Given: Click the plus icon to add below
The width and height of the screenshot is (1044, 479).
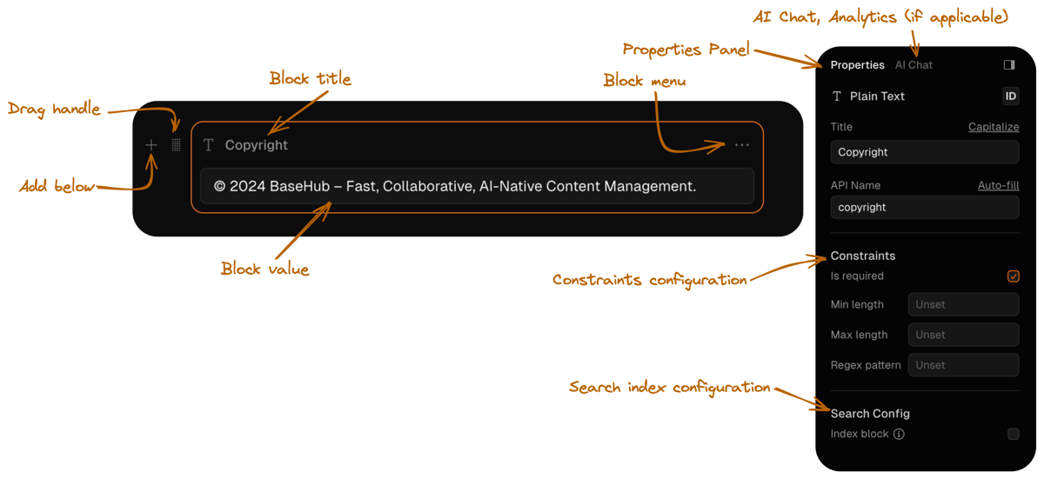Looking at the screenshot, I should [151, 145].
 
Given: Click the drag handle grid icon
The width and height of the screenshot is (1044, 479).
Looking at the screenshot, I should [176, 145].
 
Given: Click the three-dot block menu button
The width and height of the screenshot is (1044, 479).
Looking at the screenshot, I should [741, 145].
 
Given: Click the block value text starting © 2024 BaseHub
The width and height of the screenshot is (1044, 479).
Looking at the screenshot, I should [455, 186].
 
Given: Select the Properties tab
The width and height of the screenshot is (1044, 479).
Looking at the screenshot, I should [857, 65].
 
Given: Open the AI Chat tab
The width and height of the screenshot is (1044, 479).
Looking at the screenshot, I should [913, 65].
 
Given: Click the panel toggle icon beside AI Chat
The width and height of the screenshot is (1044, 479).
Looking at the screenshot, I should [1009, 65].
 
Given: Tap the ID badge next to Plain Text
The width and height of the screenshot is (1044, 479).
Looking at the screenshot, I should [1010, 96].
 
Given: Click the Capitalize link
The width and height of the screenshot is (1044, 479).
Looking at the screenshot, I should [994, 127].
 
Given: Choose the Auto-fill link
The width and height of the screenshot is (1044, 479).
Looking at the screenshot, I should [998, 185].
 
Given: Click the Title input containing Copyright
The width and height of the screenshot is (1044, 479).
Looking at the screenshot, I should [924, 152].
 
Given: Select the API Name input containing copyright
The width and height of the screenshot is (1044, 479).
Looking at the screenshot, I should [924, 208].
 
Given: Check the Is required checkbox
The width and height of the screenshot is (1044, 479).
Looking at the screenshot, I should [1013, 276].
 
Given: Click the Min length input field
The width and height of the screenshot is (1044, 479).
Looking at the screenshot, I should [963, 305].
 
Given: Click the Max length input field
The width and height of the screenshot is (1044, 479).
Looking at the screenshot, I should [963, 335].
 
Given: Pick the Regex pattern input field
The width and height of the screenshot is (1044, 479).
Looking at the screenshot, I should [963, 365].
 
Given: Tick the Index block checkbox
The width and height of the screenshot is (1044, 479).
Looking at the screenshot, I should [1013, 434].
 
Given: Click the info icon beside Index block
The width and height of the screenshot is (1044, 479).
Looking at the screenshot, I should [899, 434].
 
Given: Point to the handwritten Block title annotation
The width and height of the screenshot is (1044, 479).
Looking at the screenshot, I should [310, 79].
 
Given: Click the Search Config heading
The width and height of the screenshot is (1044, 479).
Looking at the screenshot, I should [870, 414].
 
